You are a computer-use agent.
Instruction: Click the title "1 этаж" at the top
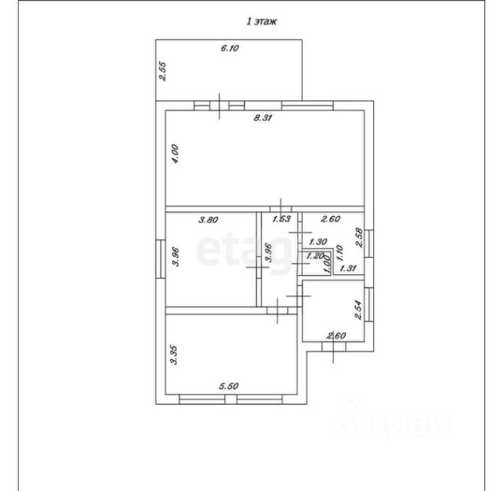click(262, 23)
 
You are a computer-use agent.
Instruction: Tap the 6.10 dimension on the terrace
click(229, 49)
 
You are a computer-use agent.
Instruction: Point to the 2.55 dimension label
click(163, 71)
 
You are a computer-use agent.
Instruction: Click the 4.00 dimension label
click(176, 153)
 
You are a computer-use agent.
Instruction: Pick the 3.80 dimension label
click(207, 221)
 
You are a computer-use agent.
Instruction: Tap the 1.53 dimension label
click(281, 221)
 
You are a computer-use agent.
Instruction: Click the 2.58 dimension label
click(360, 237)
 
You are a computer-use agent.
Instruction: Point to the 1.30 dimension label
click(318, 242)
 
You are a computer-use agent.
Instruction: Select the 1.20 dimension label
click(314, 255)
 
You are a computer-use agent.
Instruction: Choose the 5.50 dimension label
click(229, 386)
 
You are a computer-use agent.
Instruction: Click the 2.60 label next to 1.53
click(332, 221)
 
